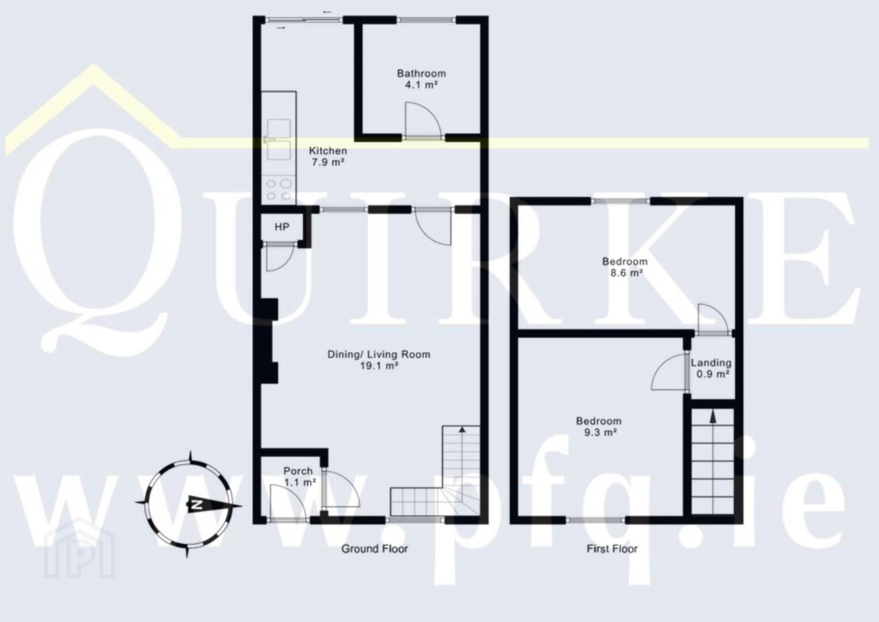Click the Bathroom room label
tap(421, 78)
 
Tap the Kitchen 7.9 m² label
tap(328, 156)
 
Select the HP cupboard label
tap(282, 227)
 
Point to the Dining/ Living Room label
tap(379, 360)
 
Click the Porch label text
tap(298, 471)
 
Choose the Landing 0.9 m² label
tap(711, 369)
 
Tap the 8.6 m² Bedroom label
tap(625, 267)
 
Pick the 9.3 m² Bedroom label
tap(599, 427)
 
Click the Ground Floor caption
tap(375, 549)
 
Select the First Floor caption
tap(612, 549)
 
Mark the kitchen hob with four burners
tap(279, 189)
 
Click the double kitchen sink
tap(279, 140)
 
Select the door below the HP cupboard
tap(279, 257)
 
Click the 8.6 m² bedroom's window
tap(620, 202)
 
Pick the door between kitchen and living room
tap(434, 227)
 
